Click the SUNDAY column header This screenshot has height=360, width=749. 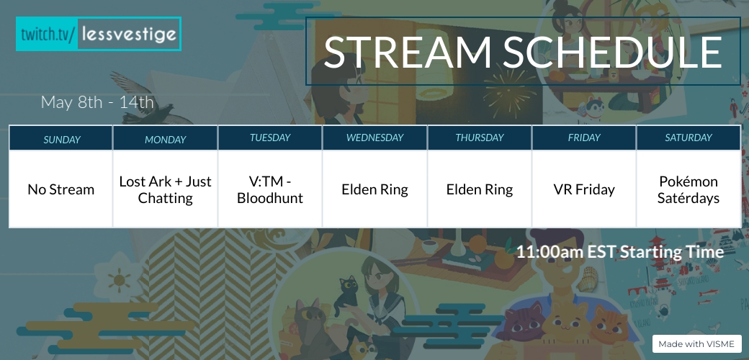(x=62, y=139)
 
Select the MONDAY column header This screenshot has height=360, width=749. (x=166, y=139)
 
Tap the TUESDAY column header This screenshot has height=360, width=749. (x=270, y=138)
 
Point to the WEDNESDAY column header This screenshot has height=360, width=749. (x=375, y=138)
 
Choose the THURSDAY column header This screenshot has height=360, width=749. (x=480, y=138)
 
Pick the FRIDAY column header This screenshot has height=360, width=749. (x=584, y=138)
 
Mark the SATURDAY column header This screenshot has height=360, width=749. (x=689, y=138)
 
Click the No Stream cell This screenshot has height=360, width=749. (x=61, y=189)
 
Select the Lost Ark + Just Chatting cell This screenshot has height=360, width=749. (x=166, y=189)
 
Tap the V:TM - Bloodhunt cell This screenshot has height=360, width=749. (x=270, y=189)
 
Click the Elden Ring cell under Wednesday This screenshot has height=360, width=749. (x=375, y=189)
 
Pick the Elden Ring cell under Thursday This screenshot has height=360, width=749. (x=480, y=189)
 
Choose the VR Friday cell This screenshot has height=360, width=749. (x=584, y=189)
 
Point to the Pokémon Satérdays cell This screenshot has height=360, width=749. (x=689, y=189)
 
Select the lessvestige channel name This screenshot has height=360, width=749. (x=129, y=34)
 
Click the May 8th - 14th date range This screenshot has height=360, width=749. (x=97, y=102)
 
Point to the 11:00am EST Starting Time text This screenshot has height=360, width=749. (x=619, y=252)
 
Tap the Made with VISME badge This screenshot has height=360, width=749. (x=696, y=344)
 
